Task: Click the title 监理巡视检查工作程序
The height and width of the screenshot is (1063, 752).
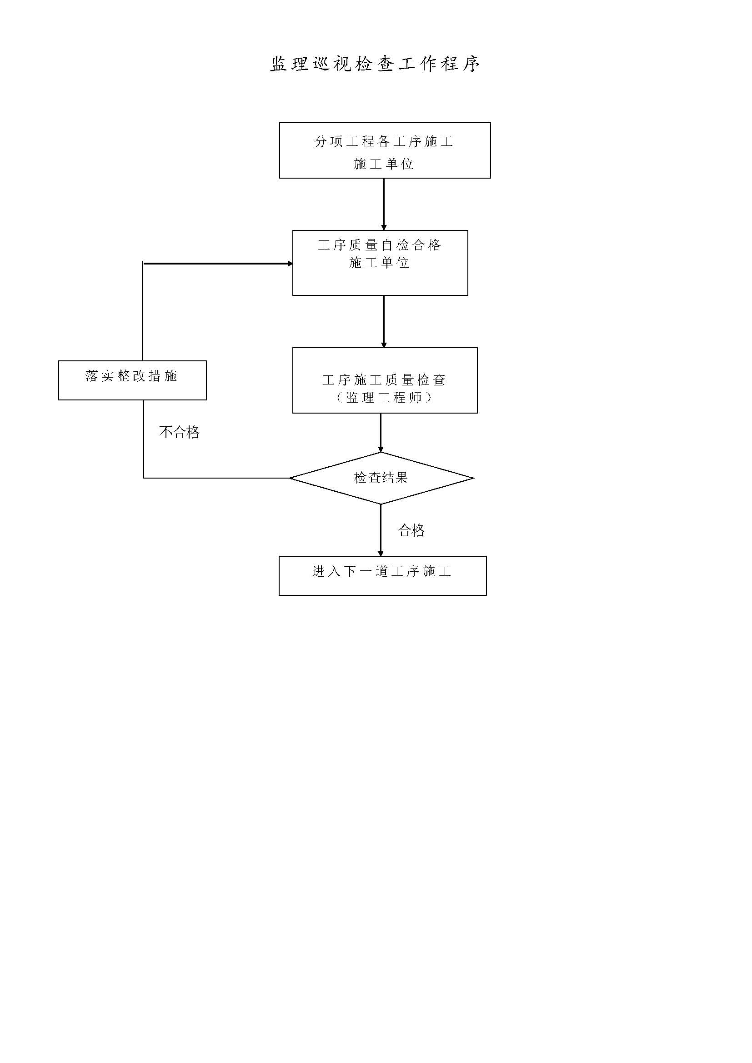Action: pos(375,64)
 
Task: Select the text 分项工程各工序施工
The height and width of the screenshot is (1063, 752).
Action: pos(384,141)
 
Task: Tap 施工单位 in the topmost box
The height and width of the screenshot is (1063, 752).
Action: pos(384,164)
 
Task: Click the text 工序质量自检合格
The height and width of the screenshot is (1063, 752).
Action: pos(379,245)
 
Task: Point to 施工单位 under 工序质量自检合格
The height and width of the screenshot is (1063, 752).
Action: pos(379,263)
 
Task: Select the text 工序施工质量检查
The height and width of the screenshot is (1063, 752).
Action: pos(384,380)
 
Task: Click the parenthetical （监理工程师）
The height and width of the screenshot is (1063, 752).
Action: pos(384,397)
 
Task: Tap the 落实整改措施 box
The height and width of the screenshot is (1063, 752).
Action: pos(132,380)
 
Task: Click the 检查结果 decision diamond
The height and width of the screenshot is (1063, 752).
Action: pos(381,478)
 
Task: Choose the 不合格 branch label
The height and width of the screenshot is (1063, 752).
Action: pos(180,432)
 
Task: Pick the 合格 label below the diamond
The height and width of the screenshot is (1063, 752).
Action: pos(411,530)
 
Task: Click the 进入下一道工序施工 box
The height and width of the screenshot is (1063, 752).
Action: pos(382,575)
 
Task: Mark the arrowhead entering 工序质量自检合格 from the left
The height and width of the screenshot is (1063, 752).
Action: pos(291,264)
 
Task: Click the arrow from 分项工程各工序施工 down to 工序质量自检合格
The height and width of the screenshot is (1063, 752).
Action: pos(384,204)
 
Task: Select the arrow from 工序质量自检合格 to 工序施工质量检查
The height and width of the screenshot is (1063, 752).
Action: pos(384,321)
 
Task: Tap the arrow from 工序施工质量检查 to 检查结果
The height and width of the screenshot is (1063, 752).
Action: pos(381,432)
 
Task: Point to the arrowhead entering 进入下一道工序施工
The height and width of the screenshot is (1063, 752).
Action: pos(381,554)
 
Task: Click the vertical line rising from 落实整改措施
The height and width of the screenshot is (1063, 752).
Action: pos(142,311)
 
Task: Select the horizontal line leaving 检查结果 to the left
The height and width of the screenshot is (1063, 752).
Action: pos(216,478)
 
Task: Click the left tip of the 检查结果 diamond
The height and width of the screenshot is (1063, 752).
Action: pos(290,478)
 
